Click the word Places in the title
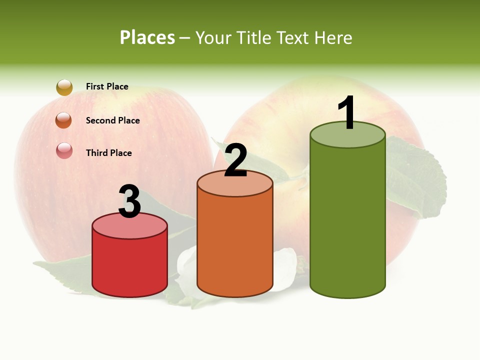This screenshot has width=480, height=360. (147, 37)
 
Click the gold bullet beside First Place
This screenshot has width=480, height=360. (64, 87)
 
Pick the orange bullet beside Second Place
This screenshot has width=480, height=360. (64, 120)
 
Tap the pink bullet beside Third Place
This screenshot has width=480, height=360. (64, 150)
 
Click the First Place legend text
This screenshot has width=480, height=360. (107, 86)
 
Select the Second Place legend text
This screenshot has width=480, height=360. (112, 120)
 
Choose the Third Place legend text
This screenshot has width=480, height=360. (108, 153)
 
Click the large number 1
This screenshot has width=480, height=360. (347, 112)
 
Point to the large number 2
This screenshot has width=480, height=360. (236, 160)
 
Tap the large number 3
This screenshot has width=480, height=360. (130, 201)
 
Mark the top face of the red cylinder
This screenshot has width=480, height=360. (130, 227)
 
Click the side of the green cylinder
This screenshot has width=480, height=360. (347, 220)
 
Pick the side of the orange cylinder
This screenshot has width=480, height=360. (235, 245)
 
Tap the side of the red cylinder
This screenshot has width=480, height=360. (130, 265)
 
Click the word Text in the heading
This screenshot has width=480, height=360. (295, 37)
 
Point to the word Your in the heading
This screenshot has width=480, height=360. (212, 37)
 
